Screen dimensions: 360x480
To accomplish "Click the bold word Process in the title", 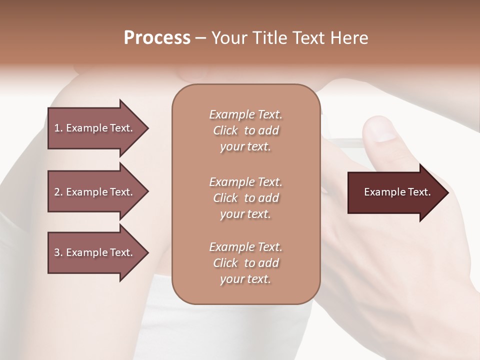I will pyautogui.click(x=157, y=38).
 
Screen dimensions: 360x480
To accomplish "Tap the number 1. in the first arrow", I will pyautogui.click(x=58, y=128).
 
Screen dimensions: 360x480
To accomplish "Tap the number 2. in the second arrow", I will pyautogui.click(x=58, y=192).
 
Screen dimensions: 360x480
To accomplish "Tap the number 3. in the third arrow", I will pyautogui.click(x=58, y=252).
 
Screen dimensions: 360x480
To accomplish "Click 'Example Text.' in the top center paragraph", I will pyautogui.click(x=245, y=114).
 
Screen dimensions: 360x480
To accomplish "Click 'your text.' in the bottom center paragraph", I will pyautogui.click(x=245, y=279).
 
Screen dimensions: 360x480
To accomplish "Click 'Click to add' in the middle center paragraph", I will pyautogui.click(x=245, y=198).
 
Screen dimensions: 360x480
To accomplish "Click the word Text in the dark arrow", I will pyautogui.click(x=419, y=192).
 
